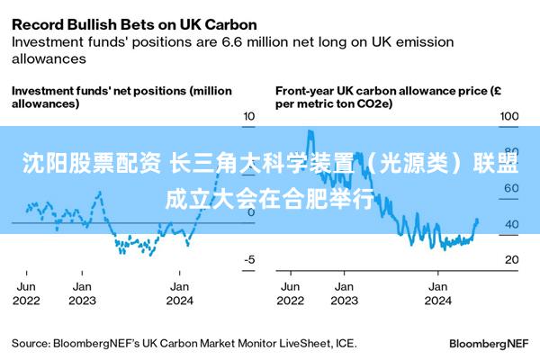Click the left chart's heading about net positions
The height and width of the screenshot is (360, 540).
[x=121, y=97]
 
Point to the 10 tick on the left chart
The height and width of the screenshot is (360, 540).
[x=249, y=117]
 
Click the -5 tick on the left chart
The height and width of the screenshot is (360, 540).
[x=249, y=259]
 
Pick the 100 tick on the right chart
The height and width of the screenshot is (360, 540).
[x=509, y=117]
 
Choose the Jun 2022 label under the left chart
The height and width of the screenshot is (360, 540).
[x=26, y=293]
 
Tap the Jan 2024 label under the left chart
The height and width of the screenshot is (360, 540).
[x=179, y=293]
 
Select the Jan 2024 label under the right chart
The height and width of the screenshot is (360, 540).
[x=437, y=293]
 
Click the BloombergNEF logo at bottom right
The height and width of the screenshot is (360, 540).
[x=488, y=344]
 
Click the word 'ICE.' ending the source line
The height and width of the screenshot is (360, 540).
[x=346, y=343]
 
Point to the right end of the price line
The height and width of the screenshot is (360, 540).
[x=477, y=220]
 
